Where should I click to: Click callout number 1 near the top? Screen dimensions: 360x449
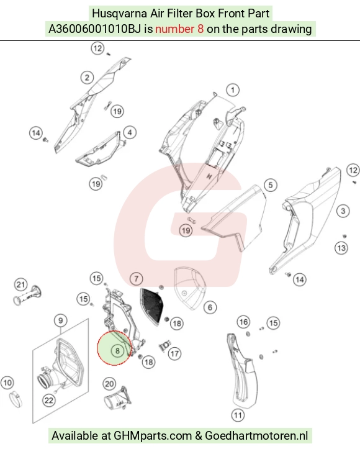233,90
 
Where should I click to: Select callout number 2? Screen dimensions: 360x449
87,77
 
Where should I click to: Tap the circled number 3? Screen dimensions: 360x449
343,211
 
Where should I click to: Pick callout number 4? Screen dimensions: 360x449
130,132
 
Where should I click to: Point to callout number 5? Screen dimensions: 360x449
271,185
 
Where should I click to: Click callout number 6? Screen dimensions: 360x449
210,307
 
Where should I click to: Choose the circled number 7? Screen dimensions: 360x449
136,279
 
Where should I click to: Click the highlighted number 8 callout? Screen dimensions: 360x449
117,350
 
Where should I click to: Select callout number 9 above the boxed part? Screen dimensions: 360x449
60,320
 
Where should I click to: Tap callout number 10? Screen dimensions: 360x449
7,383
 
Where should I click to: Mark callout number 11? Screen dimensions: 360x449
238,415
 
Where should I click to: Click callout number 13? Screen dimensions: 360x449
341,248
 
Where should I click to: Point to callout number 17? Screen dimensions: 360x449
174,353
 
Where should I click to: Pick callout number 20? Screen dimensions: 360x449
109,384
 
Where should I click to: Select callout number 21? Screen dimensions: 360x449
20,284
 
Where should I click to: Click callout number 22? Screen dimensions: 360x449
49,400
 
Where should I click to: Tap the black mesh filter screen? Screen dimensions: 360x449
152,306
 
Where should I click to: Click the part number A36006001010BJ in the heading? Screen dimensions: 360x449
95,29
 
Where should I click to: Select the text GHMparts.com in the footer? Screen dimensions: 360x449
153,436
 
